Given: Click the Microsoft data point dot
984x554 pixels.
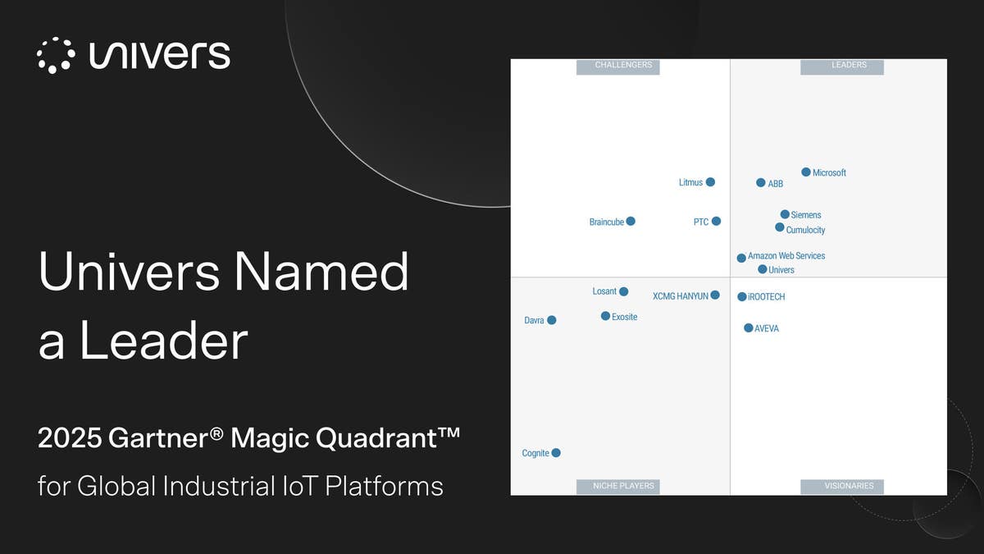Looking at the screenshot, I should click(x=806, y=172).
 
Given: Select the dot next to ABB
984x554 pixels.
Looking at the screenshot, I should click(x=761, y=183).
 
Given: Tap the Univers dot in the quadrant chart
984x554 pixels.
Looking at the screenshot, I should click(x=763, y=269).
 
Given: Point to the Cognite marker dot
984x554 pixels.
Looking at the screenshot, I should click(x=556, y=453).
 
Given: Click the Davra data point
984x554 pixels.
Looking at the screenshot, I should click(x=552, y=320).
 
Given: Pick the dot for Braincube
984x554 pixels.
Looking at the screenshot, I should click(x=631, y=222).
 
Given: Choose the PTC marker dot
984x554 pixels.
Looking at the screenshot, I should click(x=716, y=222).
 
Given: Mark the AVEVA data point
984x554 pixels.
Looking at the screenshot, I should click(x=748, y=328).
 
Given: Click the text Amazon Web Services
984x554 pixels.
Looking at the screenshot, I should click(x=786, y=256).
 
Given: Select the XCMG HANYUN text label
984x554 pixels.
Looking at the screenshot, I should click(x=680, y=296).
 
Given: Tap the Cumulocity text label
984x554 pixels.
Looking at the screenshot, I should click(x=805, y=231).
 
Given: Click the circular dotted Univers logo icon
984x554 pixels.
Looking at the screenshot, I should click(x=57, y=55).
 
